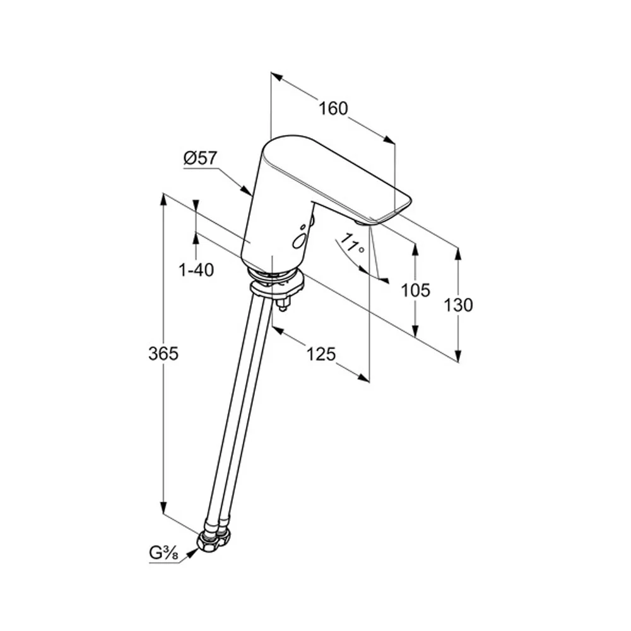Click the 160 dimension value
(x=333, y=109)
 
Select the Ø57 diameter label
(x=200, y=158)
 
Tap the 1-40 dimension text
(x=196, y=270)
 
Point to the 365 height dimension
(x=163, y=353)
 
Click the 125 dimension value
(x=321, y=354)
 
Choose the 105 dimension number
(x=416, y=290)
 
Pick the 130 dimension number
(x=458, y=305)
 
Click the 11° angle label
(x=352, y=244)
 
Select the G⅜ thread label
(x=163, y=553)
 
